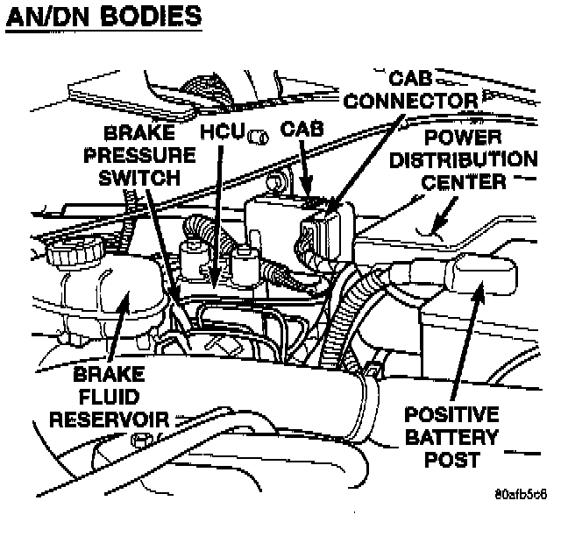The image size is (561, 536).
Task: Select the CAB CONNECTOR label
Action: point(410,89)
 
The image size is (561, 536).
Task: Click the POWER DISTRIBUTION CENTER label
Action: point(464,159)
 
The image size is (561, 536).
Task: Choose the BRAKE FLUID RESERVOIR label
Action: point(109,396)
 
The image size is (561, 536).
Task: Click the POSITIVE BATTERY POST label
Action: point(452,436)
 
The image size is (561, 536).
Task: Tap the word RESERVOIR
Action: point(109,419)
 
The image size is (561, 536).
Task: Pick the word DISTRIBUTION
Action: point(464,159)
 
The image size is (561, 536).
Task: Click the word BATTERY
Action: point(452,436)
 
